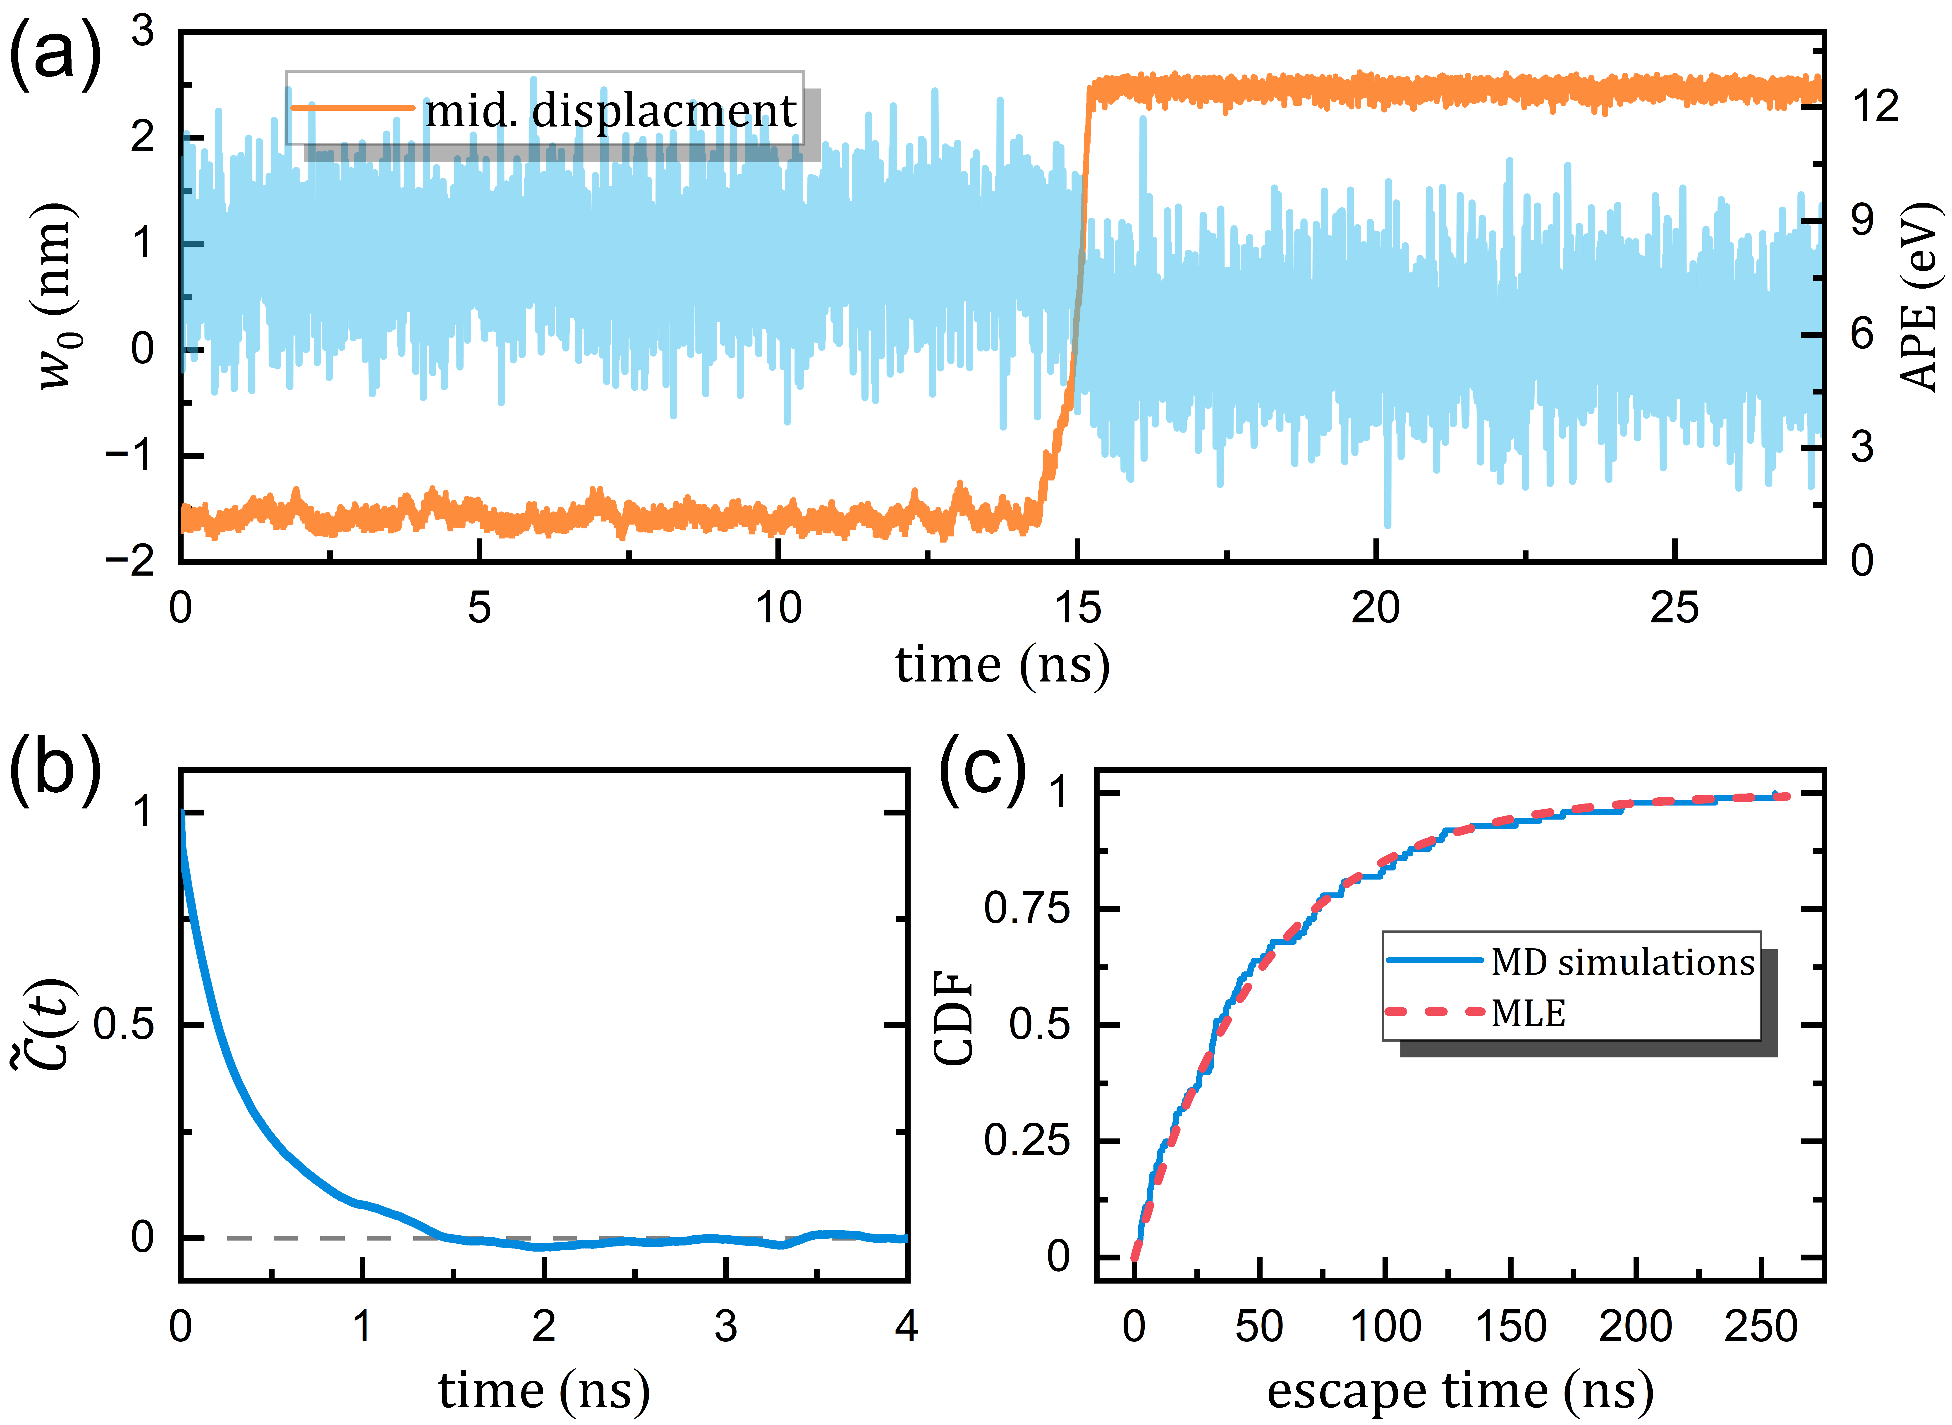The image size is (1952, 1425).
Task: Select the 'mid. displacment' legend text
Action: [611, 110]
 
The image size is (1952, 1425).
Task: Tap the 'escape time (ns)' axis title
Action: [1459, 1391]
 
